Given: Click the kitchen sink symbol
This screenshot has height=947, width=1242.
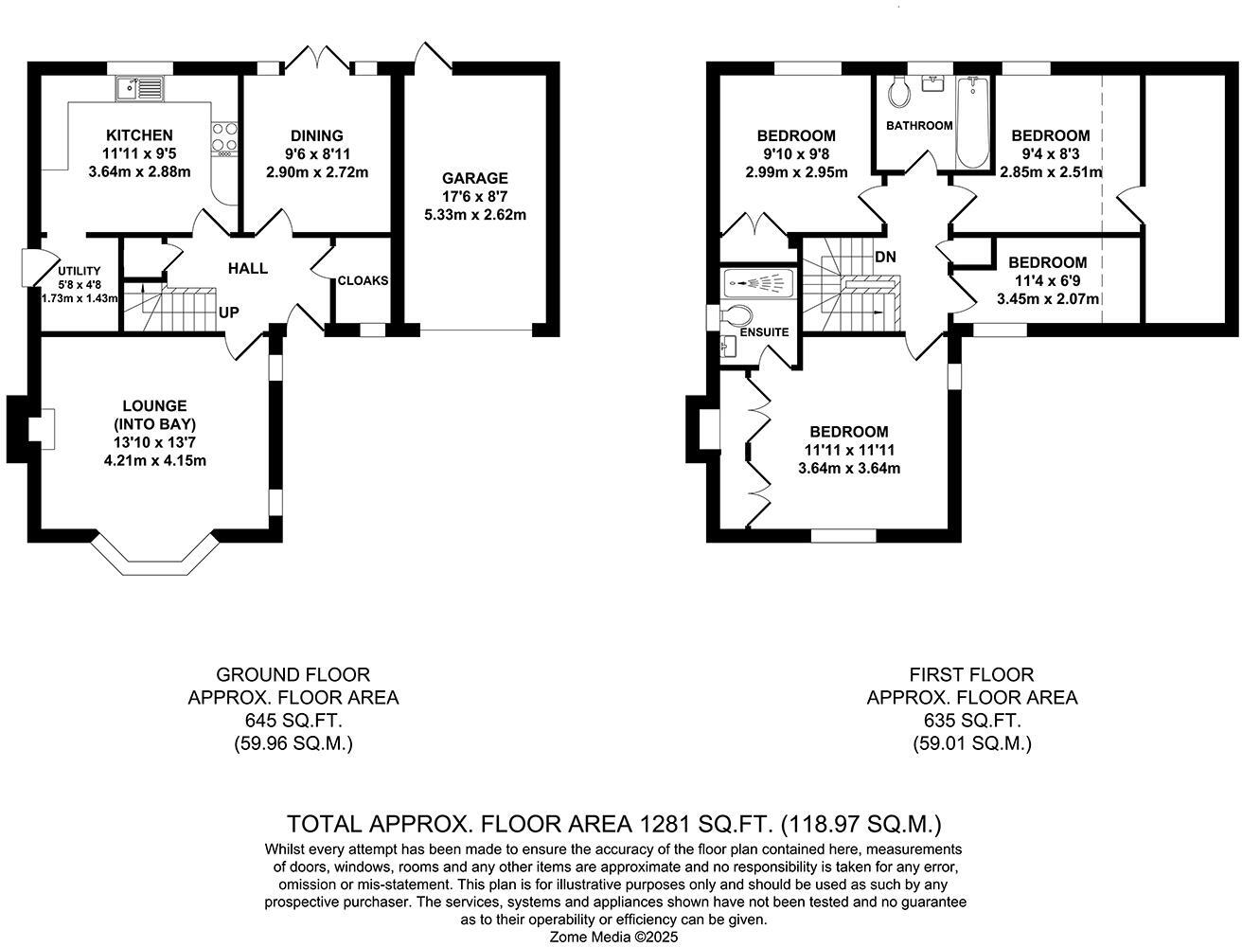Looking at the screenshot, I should (x=139, y=89).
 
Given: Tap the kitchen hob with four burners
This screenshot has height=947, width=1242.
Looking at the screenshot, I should (x=225, y=138).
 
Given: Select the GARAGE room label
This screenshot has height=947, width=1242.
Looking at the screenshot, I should (x=475, y=178).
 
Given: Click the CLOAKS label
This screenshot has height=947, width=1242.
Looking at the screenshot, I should (x=364, y=280).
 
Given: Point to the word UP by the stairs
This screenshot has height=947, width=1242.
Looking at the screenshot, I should (x=229, y=313).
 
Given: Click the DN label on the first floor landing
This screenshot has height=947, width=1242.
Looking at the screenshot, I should (x=885, y=257).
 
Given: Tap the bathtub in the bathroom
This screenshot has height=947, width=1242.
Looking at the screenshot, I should (x=972, y=123).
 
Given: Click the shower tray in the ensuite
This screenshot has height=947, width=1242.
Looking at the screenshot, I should (x=758, y=282).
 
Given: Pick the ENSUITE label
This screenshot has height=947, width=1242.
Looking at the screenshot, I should (x=764, y=332).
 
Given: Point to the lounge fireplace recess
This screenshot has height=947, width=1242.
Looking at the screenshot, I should (x=42, y=427).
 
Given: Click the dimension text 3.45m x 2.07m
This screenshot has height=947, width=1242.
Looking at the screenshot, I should (x=1047, y=299).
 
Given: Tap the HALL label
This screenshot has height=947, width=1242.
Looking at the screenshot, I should (x=247, y=269).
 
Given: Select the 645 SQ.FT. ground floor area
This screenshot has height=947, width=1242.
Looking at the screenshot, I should (x=293, y=721).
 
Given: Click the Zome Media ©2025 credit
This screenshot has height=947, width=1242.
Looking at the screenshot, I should (x=614, y=937).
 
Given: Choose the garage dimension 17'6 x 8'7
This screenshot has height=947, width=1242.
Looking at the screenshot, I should (x=475, y=197).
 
